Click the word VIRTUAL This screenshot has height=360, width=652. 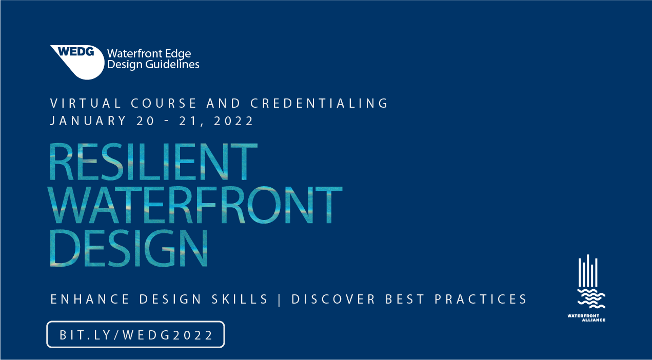pyautogui.click(x=86, y=103)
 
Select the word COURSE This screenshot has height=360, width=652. pyautogui.click(x=164, y=103)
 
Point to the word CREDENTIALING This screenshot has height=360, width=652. pyautogui.click(x=319, y=103)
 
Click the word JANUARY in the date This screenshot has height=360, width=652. pyautogui.click(x=88, y=121)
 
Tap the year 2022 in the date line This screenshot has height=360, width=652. pyautogui.click(x=233, y=121)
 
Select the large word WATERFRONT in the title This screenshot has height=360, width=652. pyautogui.click(x=195, y=205)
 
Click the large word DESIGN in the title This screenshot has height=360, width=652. pyautogui.click(x=129, y=248)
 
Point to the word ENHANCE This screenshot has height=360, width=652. pyautogui.click(x=90, y=299)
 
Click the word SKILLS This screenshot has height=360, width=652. pyautogui.click(x=240, y=299)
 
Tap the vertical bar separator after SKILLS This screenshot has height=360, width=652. pyautogui.click(x=280, y=299)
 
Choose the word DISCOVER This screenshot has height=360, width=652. pyautogui.click(x=333, y=299)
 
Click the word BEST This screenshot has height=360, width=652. pyautogui.click(x=405, y=299)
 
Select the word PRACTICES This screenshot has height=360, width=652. pyautogui.click(x=481, y=299)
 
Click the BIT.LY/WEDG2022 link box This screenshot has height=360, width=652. pyautogui.click(x=135, y=334)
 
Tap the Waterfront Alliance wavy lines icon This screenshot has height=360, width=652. pyautogui.click(x=591, y=298)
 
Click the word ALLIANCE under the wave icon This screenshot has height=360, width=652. pyautogui.click(x=594, y=320)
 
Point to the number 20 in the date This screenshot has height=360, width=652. pyautogui.click(x=145, y=121)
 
